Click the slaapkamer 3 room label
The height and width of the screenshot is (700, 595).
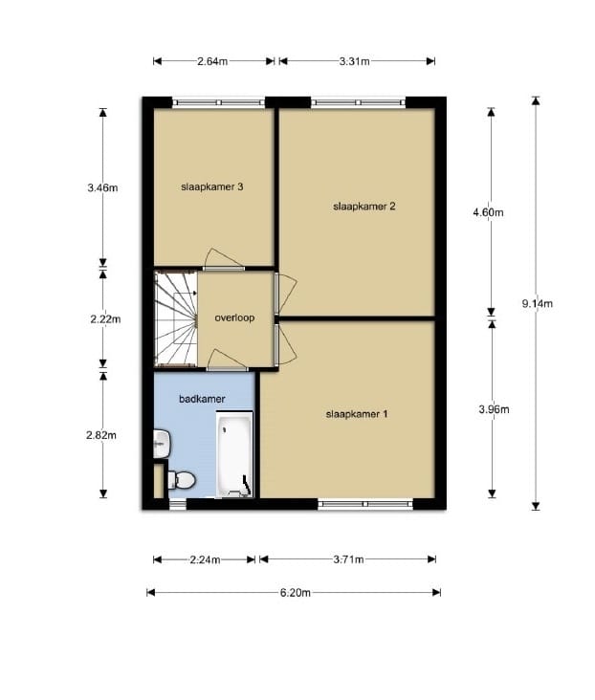tap(212, 186)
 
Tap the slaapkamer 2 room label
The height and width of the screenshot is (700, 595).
tap(364, 207)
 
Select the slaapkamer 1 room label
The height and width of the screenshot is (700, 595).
tap(357, 414)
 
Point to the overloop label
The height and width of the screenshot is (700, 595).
tap(234, 317)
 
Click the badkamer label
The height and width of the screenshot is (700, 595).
tap(202, 399)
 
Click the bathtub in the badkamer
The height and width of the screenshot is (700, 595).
tap(234, 454)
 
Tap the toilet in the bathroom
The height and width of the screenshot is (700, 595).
tap(182, 480)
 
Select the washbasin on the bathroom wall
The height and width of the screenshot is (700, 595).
tap(162, 444)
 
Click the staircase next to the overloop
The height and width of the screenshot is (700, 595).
tap(176, 319)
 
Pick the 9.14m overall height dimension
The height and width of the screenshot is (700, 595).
tap(538, 303)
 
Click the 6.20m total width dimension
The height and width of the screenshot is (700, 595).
tap(296, 592)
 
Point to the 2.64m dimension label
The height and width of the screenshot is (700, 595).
tap(212, 61)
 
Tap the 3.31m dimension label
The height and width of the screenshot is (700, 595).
tap(354, 61)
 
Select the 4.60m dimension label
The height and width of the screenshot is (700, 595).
tap(488, 212)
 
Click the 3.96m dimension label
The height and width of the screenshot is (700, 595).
tap(494, 409)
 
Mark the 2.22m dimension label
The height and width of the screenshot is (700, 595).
tap(105, 319)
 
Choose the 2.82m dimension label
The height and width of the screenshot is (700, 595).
tap(101, 435)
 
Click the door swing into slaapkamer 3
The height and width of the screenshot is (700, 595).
tap(224, 259)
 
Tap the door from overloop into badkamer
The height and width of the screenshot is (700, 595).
tap(227, 361)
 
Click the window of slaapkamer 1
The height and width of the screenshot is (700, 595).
tap(365, 504)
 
